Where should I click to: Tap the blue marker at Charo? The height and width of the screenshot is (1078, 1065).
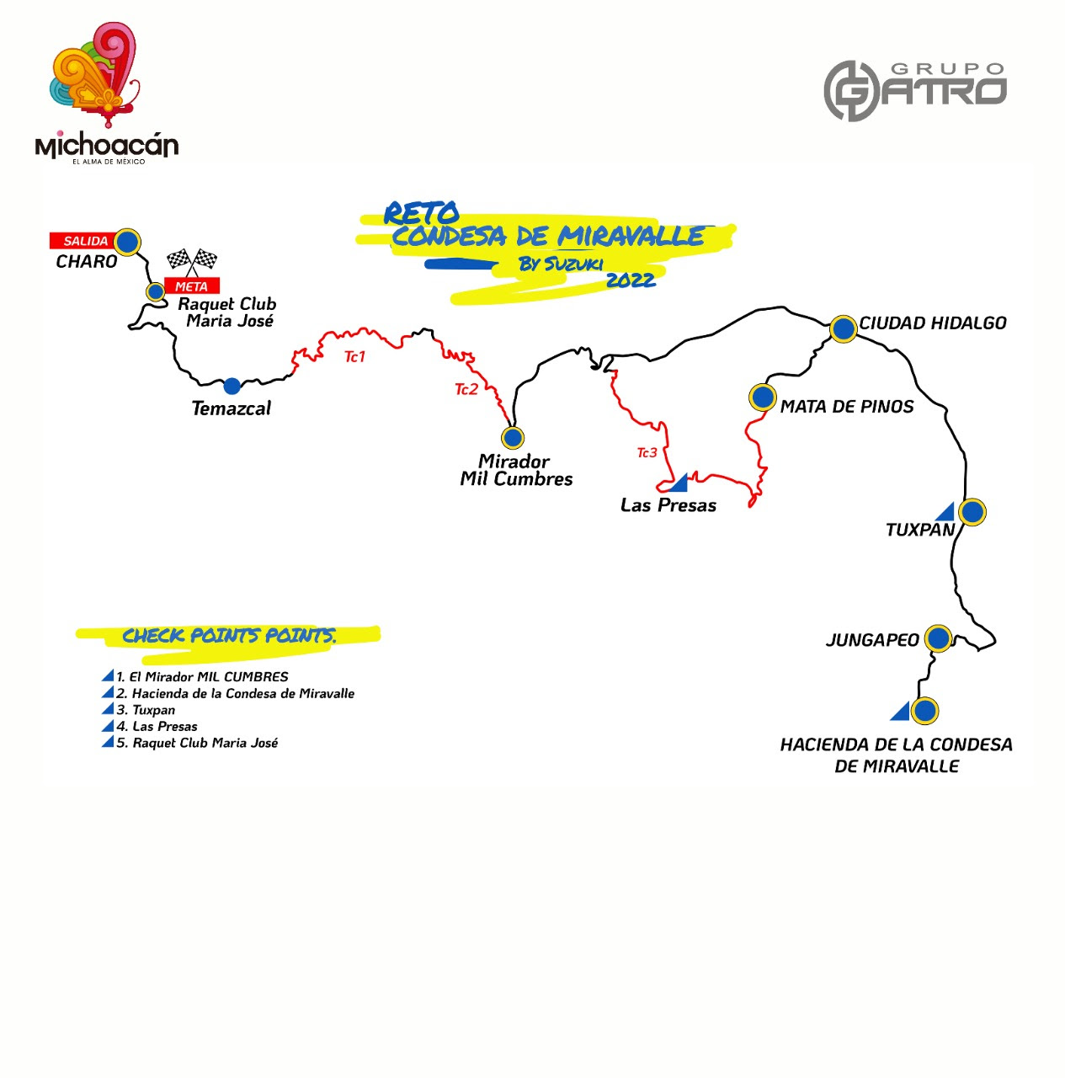point(127,243)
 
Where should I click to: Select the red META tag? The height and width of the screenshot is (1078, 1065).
point(192,286)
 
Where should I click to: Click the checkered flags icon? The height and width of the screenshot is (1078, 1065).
point(192,262)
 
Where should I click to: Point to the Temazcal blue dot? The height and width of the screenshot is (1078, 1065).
point(232,386)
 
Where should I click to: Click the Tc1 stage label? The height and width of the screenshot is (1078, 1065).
point(354,356)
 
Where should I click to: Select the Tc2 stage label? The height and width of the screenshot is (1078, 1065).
point(466,389)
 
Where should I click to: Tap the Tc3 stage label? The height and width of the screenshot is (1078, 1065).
point(647,452)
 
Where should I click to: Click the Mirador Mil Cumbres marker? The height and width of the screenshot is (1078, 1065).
point(513,437)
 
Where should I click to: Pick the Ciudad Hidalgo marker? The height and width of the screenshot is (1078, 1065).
point(843,328)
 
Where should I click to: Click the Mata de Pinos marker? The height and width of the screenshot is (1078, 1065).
point(763,398)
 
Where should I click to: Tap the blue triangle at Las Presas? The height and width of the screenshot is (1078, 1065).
point(680,484)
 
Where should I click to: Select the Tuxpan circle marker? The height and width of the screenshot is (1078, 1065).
point(972,512)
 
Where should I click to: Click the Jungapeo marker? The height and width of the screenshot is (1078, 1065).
point(938,638)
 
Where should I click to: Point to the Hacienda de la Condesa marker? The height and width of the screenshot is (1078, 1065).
point(924,711)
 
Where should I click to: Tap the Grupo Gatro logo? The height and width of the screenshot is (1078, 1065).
point(915,91)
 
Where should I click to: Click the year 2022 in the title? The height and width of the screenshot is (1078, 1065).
point(631,280)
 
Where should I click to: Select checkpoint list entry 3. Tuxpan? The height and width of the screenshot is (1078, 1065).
point(146,710)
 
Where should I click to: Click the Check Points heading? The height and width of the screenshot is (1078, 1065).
point(229,636)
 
